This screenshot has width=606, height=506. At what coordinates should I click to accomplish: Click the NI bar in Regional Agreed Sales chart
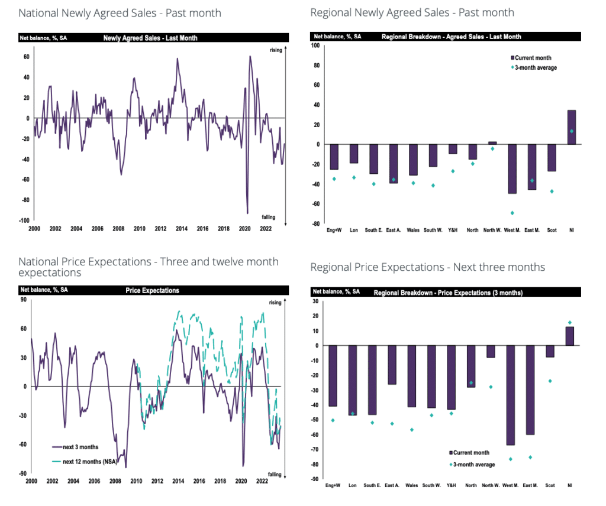571,127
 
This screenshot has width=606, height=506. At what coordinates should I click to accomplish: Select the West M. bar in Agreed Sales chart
512,168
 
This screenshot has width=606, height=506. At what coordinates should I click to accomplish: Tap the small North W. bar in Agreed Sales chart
492,143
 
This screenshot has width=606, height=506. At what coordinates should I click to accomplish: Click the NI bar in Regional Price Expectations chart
570,336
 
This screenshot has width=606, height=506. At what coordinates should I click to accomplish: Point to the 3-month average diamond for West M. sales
512,213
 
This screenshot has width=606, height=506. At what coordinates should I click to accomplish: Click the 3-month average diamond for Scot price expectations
550,381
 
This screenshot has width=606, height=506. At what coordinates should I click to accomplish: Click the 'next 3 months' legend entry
76,447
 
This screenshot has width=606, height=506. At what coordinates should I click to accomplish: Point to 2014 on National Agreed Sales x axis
181,229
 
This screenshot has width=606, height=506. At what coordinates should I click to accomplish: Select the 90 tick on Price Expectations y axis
26,300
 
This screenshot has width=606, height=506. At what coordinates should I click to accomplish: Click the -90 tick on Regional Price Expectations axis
315,479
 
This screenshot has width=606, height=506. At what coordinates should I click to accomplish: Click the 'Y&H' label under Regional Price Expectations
451,486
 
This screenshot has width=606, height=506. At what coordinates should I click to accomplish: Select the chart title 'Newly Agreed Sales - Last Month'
150,38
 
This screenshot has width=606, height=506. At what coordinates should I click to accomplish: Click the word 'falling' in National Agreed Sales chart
269,218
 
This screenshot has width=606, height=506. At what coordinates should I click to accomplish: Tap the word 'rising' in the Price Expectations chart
275,303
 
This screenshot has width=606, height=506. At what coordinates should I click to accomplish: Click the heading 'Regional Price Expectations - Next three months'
427,267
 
